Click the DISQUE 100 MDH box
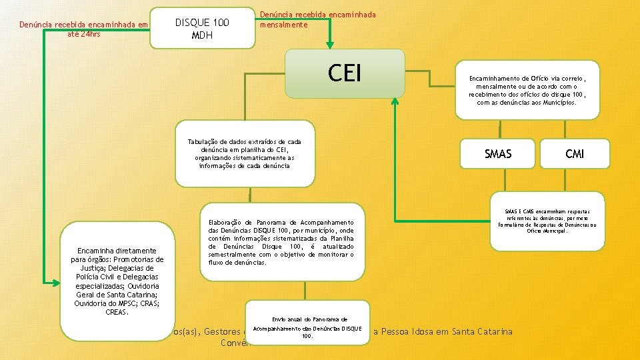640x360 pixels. coord(202,28)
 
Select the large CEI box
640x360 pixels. coord(345,73)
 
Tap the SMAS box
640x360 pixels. coord(498,154)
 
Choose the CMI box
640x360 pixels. coord(575,154)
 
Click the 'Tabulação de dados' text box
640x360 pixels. coord(245,153)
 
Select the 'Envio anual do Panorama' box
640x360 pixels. coord(309,327)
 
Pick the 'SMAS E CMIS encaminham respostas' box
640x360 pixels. coord(547,221)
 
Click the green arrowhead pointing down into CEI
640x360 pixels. coord(329,45)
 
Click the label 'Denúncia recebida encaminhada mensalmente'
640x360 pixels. coord(317,19)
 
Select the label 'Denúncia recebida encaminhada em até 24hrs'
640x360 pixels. coord(83,29)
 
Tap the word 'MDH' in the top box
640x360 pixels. coord(201,35)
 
